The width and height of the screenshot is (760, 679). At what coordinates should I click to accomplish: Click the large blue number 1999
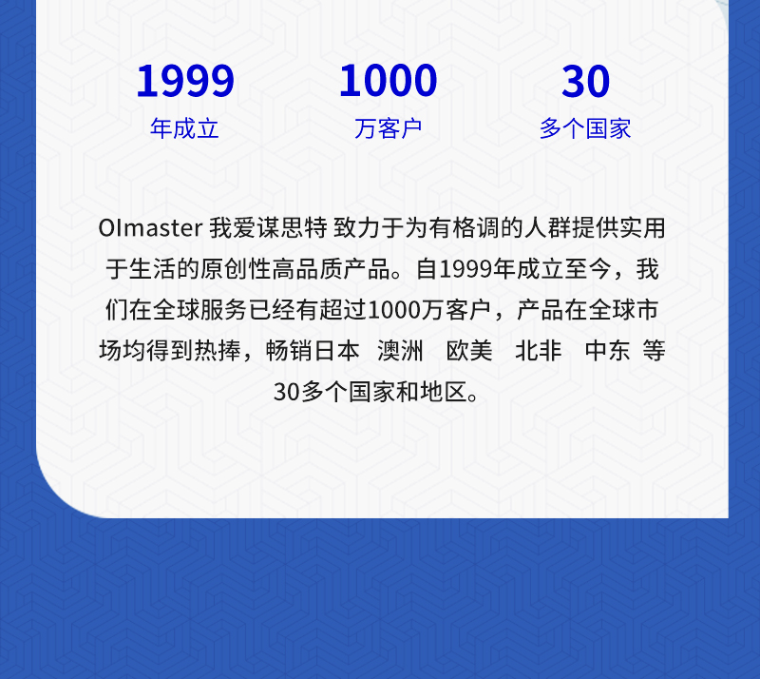(185, 81)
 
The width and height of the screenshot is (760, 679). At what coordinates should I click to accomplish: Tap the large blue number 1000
(389, 81)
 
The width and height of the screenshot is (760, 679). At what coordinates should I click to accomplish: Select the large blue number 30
(585, 81)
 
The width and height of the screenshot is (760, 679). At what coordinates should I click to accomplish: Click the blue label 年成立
(184, 128)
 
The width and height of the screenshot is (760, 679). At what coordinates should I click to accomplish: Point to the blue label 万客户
(389, 128)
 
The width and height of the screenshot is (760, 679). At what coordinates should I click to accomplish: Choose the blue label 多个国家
(585, 128)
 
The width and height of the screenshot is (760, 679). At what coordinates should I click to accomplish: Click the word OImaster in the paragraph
(150, 228)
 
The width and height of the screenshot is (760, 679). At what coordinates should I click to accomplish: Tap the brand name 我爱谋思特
(269, 228)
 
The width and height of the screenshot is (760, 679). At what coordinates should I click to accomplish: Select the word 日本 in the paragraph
(337, 350)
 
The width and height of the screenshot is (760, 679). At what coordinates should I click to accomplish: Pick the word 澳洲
(400, 350)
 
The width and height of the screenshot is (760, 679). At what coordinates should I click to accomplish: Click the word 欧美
(469, 350)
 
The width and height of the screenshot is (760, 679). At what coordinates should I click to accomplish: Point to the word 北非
(539, 350)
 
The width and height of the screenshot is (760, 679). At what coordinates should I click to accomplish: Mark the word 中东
(608, 350)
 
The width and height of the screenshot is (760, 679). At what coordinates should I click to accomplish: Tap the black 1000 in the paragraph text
(394, 310)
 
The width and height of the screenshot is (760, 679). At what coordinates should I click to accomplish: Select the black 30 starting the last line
(287, 392)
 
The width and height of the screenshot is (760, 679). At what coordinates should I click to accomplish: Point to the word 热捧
(218, 350)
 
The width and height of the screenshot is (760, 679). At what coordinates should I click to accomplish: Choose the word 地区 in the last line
(444, 391)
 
